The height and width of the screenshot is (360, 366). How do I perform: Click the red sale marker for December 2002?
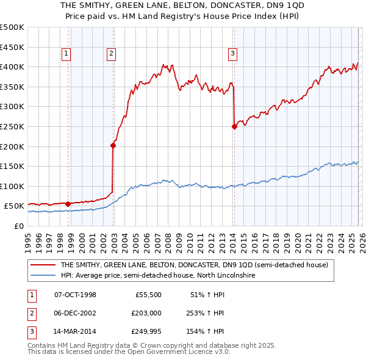[x=113, y=145]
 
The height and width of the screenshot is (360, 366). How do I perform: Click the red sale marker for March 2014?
[x=234, y=127]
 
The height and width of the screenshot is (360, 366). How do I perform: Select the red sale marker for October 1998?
[x=68, y=204]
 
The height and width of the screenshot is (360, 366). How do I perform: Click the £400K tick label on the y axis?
[x=12, y=67]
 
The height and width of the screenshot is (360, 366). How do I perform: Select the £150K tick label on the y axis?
[x=12, y=166]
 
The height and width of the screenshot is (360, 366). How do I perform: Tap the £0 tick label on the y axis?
[x=18, y=226]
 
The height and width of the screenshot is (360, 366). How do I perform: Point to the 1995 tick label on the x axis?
[x=28, y=238]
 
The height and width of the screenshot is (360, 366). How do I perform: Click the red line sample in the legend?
[x=43, y=265]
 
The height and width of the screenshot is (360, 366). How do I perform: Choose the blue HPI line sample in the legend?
[x=43, y=275]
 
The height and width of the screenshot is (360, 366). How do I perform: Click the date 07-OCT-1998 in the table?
[x=75, y=295]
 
